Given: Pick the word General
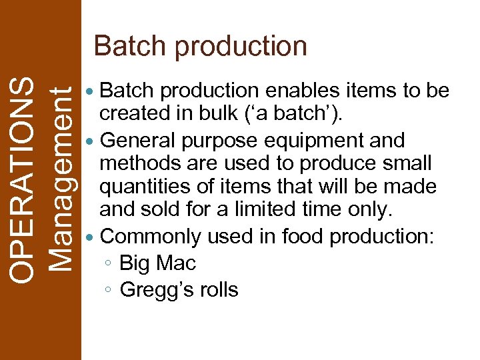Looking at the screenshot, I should [137, 140].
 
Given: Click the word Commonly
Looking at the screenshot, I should [151, 237].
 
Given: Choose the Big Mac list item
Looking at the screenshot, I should [157, 264].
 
